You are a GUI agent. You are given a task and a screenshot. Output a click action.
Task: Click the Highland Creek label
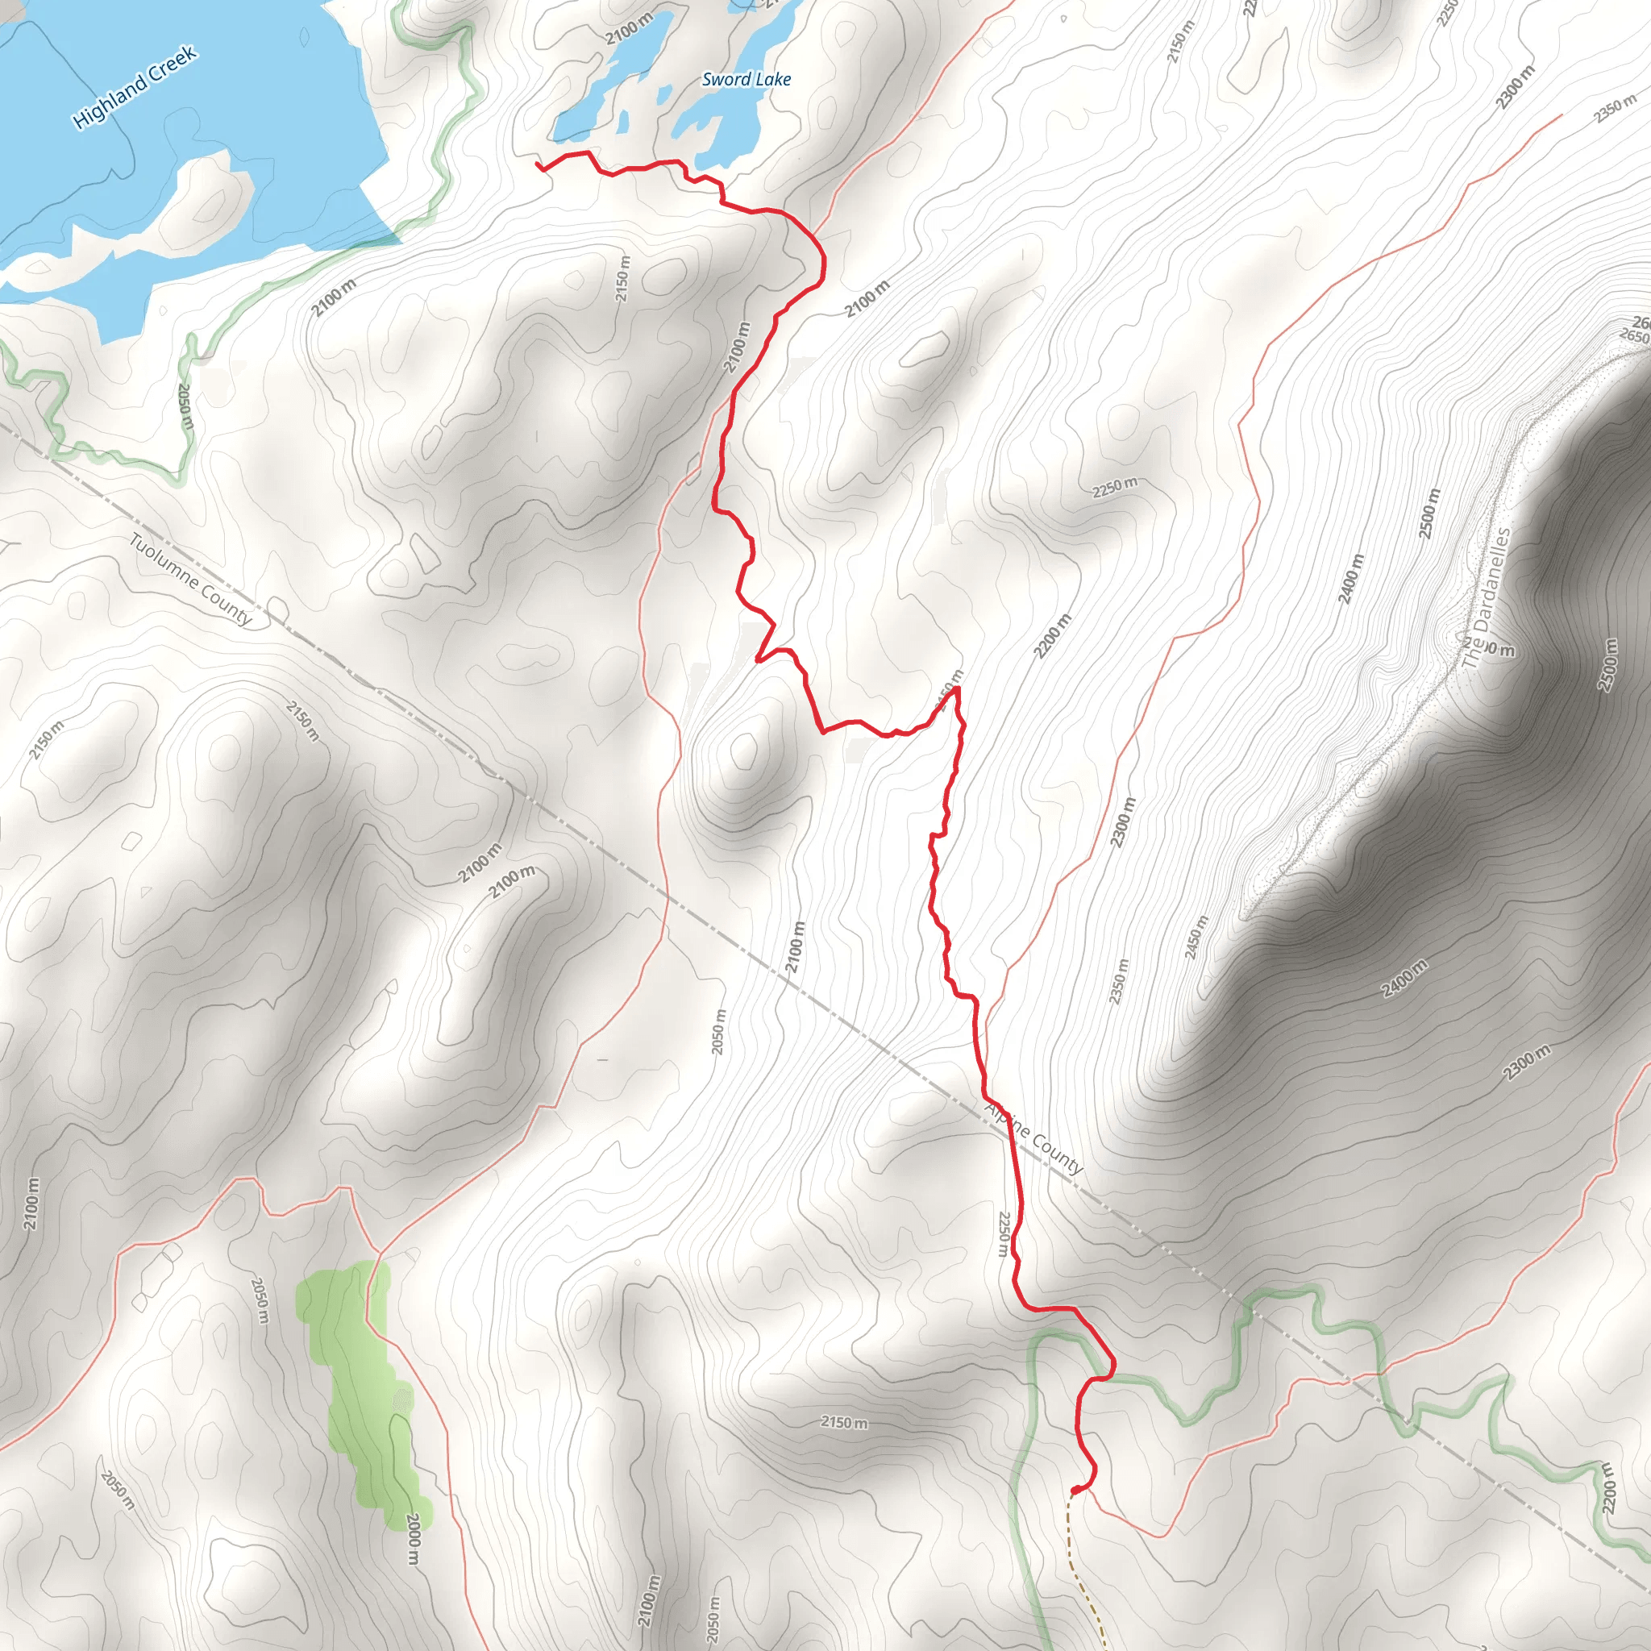click(135, 87)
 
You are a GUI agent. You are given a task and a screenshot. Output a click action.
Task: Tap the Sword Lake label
click(746, 80)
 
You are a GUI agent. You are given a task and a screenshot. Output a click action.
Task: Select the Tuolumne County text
click(190, 580)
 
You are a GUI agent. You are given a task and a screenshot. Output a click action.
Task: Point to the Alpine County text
click(1034, 1137)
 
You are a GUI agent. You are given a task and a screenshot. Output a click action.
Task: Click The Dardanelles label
click(1485, 597)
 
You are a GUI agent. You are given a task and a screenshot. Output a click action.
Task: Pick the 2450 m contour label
click(1196, 938)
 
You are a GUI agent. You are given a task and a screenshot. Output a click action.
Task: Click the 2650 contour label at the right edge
click(1633, 337)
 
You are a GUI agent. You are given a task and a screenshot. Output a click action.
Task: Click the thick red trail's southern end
click(1074, 1491)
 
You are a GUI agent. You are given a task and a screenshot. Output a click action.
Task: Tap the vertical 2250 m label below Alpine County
click(1003, 1233)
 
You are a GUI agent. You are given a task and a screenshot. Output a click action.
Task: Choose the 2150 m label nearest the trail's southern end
click(843, 1422)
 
